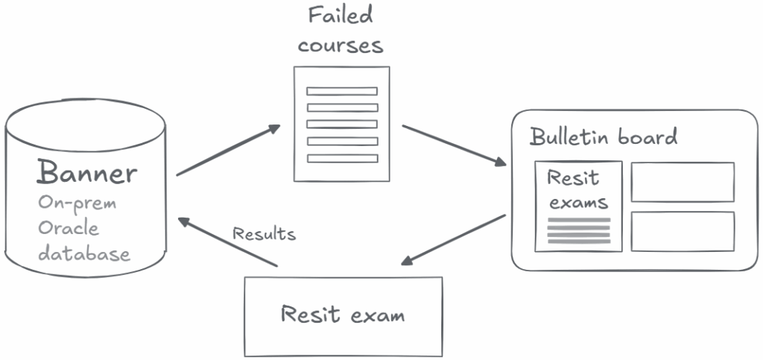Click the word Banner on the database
tap(87, 173)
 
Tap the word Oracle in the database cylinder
tap(69, 228)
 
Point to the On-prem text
tap(77, 203)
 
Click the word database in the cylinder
tap(84, 253)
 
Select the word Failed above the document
tap(341, 16)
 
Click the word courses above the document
tap(341, 45)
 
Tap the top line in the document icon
tap(342, 91)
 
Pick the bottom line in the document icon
tap(342, 157)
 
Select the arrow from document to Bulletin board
tap(453, 144)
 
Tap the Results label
tap(264, 234)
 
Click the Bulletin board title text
tap(604, 137)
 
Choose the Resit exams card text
tap(577, 189)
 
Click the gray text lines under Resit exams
tap(579, 230)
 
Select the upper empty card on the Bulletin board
tap(683, 182)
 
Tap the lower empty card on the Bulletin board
tap(683, 231)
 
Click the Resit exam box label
tap(343, 314)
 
